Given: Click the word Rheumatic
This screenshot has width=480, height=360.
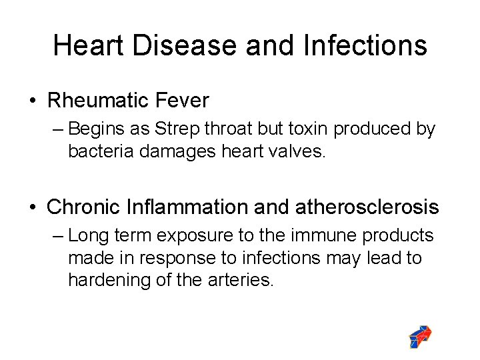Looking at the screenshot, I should (x=97, y=101).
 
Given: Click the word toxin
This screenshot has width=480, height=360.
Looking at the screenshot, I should (x=309, y=129).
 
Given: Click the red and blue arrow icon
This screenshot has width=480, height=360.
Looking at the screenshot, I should (x=421, y=337).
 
